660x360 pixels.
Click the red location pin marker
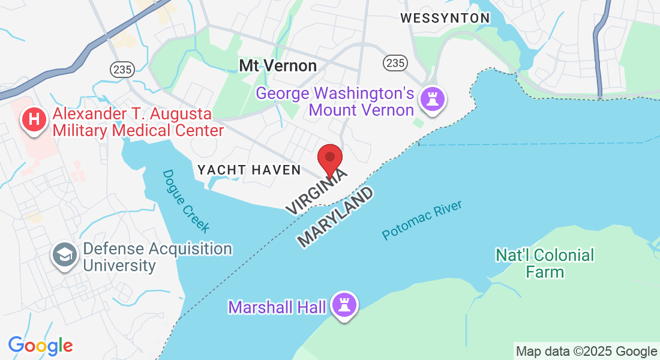329,158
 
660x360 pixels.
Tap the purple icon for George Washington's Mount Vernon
431,99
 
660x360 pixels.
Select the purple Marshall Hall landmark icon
344,305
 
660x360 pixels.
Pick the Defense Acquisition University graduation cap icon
64,255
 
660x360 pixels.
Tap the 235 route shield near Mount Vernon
396,62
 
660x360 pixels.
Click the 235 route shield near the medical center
122,70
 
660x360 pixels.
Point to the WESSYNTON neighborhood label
445,19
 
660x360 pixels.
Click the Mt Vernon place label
278,65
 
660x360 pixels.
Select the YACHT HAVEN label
249,170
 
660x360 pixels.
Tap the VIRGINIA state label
316,191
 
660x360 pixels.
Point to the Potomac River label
422,221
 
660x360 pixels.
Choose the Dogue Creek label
187,201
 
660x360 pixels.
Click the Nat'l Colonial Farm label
545,263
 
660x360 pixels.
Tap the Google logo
40,346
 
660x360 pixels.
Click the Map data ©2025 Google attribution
586,352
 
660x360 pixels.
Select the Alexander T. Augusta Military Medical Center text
138,121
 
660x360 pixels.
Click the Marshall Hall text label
277,308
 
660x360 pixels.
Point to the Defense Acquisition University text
157,257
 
